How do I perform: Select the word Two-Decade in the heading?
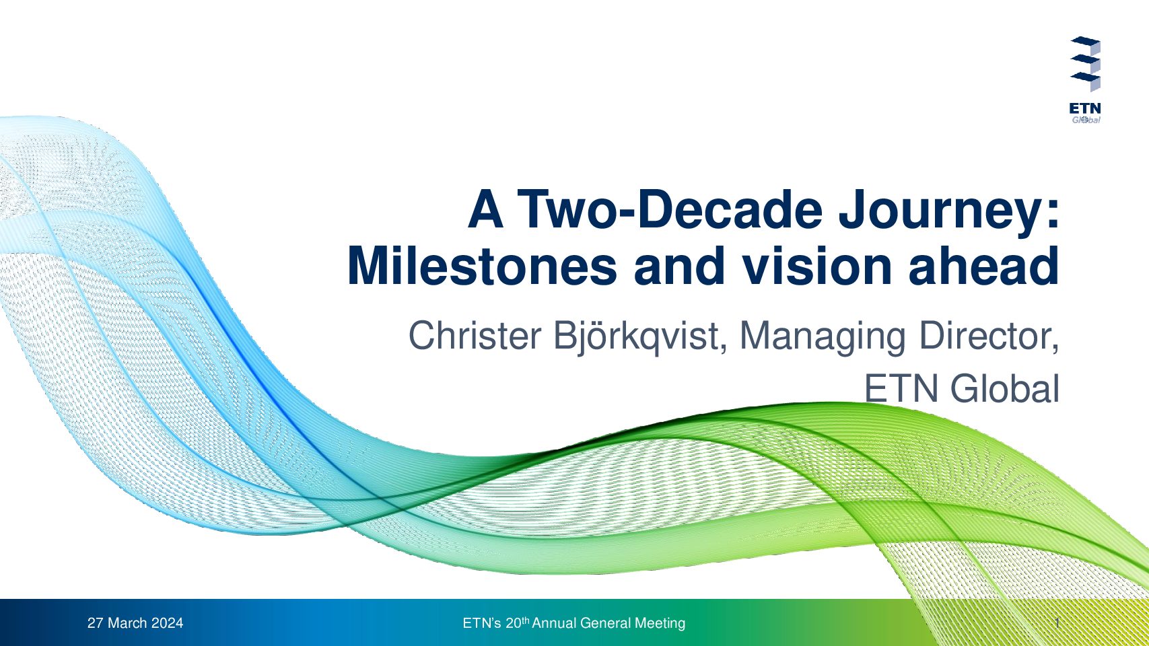670,209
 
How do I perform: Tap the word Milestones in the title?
482,266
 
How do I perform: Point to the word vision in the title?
818,266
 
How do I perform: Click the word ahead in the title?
984,266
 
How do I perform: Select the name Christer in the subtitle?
475,336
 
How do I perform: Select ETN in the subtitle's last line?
902,389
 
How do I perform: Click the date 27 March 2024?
135,623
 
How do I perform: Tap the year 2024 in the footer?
167,623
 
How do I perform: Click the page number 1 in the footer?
1057,623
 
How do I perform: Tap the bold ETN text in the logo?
1085,109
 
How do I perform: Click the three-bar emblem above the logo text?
1086,63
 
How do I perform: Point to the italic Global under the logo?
1086,120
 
